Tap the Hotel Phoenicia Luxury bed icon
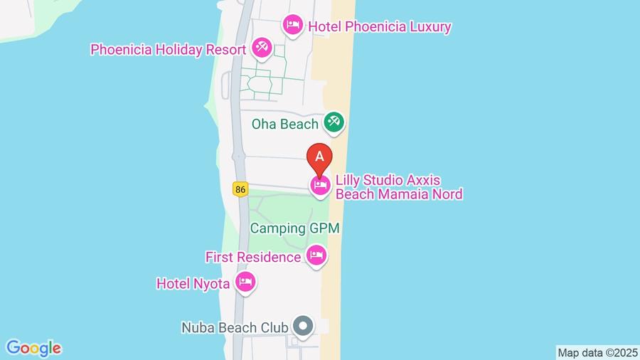[x=292, y=26]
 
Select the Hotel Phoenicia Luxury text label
[x=379, y=27]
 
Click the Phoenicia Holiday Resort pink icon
[x=261, y=48]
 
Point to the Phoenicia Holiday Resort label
[x=168, y=50]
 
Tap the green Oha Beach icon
[x=334, y=122]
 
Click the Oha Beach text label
[x=284, y=125]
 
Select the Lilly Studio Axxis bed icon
[x=320, y=186]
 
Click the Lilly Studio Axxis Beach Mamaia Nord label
[x=398, y=186]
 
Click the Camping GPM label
[x=294, y=228]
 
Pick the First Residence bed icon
[x=316, y=255]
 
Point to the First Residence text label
[x=253, y=256]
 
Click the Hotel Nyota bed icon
[x=245, y=282]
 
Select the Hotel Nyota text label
[x=193, y=284]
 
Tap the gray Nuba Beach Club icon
[x=304, y=327]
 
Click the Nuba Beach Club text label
[x=235, y=328]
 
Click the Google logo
[x=33, y=348]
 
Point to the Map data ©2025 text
[x=597, y=352]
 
